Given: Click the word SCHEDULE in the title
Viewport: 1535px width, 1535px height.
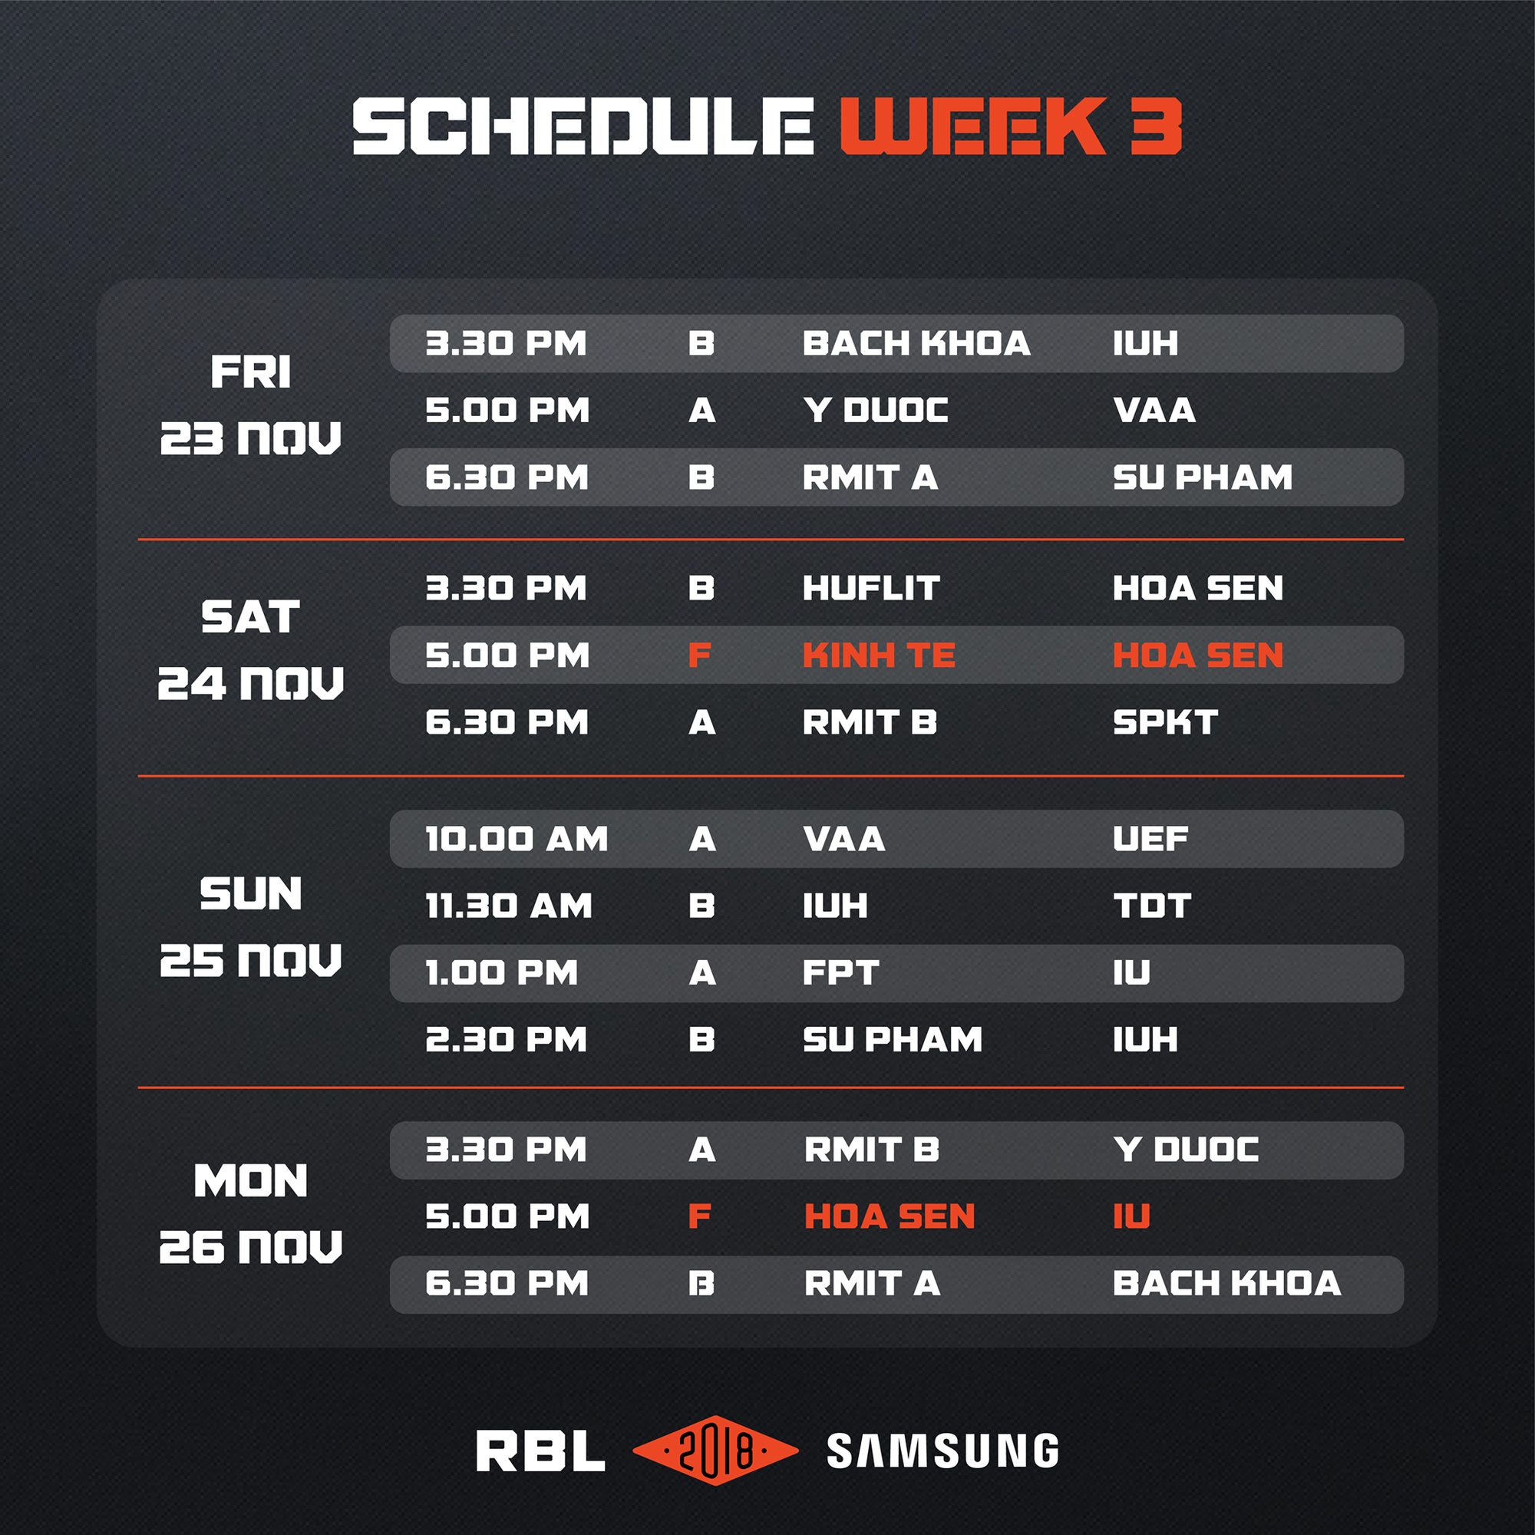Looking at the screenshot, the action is coord(583,127).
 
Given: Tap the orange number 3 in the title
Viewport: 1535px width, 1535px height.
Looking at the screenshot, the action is coord(1156,127).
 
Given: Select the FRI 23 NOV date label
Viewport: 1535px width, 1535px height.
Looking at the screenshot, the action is coord(250,404).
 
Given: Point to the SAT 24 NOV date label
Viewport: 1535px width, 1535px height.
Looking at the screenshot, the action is coord(250,650).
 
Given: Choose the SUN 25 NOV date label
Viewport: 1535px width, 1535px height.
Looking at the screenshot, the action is coord(250,926).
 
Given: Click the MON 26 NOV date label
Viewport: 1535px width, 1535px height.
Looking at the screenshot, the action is coord(250,1213).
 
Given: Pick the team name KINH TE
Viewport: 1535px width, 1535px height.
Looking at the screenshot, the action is coord(879,655).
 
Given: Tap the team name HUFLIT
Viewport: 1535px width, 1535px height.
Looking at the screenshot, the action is coord(871,589).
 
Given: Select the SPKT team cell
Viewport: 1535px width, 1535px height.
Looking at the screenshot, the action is coord(1165,722).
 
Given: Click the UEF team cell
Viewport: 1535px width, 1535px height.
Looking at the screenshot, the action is coord(1150,839).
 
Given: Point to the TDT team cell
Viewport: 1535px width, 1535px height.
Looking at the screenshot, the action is coord(1152,906).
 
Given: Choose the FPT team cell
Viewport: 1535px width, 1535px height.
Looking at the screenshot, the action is coord(840,972).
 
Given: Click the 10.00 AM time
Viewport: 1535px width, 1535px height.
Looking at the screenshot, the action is coord(517,839).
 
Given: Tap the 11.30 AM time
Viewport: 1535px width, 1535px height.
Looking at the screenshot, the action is coord(509,906).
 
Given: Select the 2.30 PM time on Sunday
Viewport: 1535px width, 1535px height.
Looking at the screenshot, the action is coord(506,1039).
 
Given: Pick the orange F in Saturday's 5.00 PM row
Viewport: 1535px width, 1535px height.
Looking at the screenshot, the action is coord(699,655).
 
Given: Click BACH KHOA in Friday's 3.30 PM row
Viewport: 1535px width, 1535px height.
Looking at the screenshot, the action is coord(916,343).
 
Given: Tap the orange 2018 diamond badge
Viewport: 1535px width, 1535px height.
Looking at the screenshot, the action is coord(715,1450).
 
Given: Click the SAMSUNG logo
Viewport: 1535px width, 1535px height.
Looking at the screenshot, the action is coord(942,1451).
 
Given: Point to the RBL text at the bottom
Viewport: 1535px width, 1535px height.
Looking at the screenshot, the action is coord(540,1451).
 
